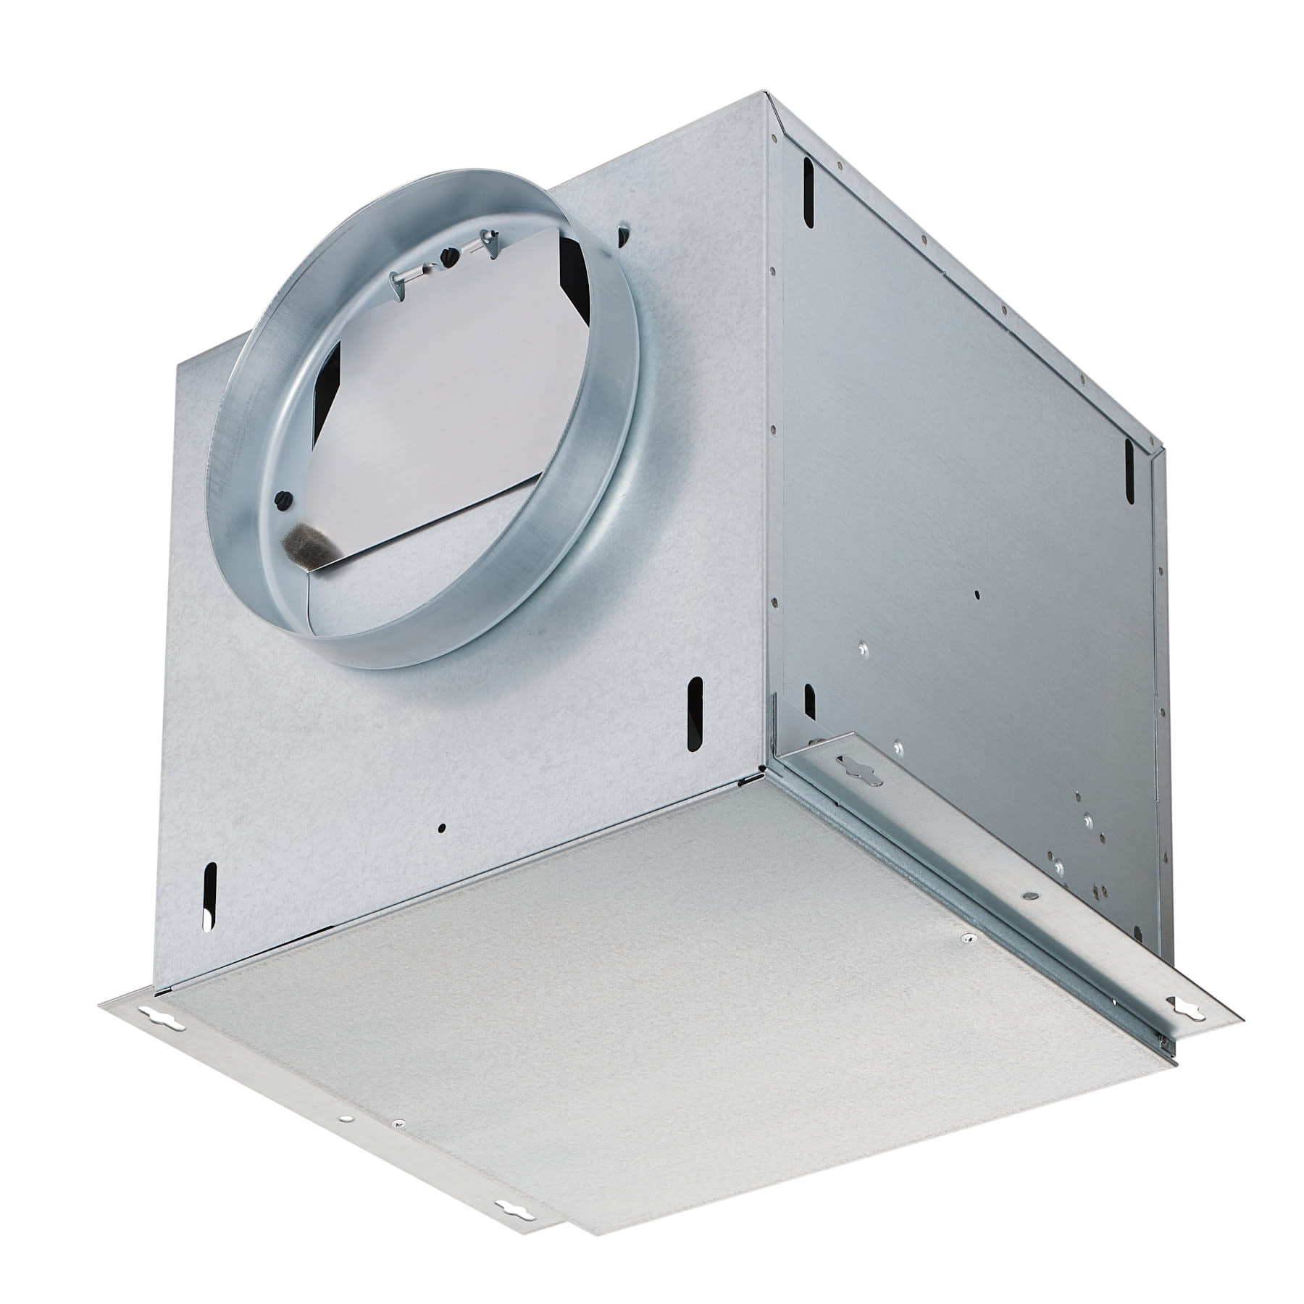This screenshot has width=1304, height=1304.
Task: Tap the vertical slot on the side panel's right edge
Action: (1129, 456)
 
